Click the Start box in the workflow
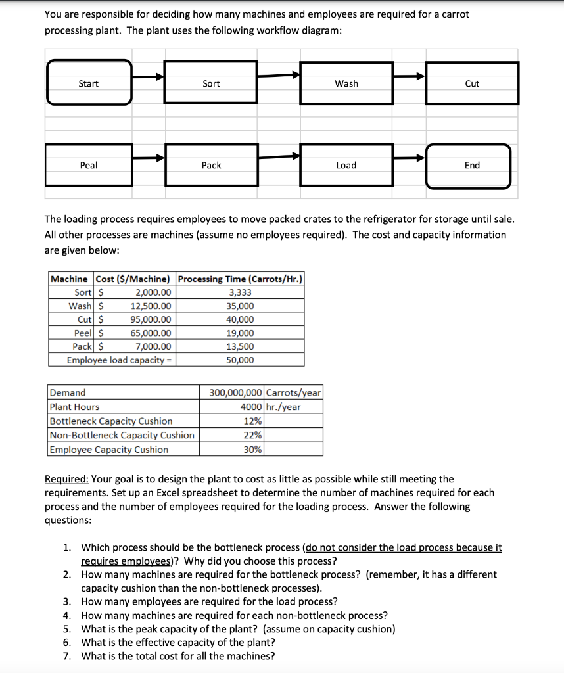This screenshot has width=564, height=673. click(x=89, y=83)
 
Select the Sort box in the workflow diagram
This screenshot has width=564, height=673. click(x=211, y=83)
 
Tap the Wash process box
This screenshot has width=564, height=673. click(x=346, y=83)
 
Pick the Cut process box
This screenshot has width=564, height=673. click(x=472, y=83)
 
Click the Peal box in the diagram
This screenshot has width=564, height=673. click(x=89, y=165)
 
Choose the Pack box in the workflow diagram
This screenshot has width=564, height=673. click(x=211, y=165)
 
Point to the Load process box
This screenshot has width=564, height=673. click(x=346, y=165)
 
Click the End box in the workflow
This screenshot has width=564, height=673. click(x=472, y=165)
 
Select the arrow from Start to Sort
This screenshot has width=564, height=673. click(x=148, y=76)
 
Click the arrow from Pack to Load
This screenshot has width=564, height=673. click(x=279, y=156)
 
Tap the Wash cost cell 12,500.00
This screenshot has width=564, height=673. click(x=151, y=306)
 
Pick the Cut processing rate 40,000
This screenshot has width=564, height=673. click(x=240, y=320)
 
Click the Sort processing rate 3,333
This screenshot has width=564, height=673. click(x=240, y=292)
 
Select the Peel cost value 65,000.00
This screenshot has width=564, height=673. click(x=151, y=333)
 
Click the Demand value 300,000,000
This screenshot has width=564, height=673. click(x=236, y=393)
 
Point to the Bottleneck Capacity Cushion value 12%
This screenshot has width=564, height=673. click(x=253, y=421)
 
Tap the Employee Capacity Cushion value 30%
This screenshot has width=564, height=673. click(x=253, y=450)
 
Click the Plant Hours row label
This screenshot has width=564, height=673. click(x=75, y=407)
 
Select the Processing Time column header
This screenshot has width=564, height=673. click(x=240, y=279)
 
